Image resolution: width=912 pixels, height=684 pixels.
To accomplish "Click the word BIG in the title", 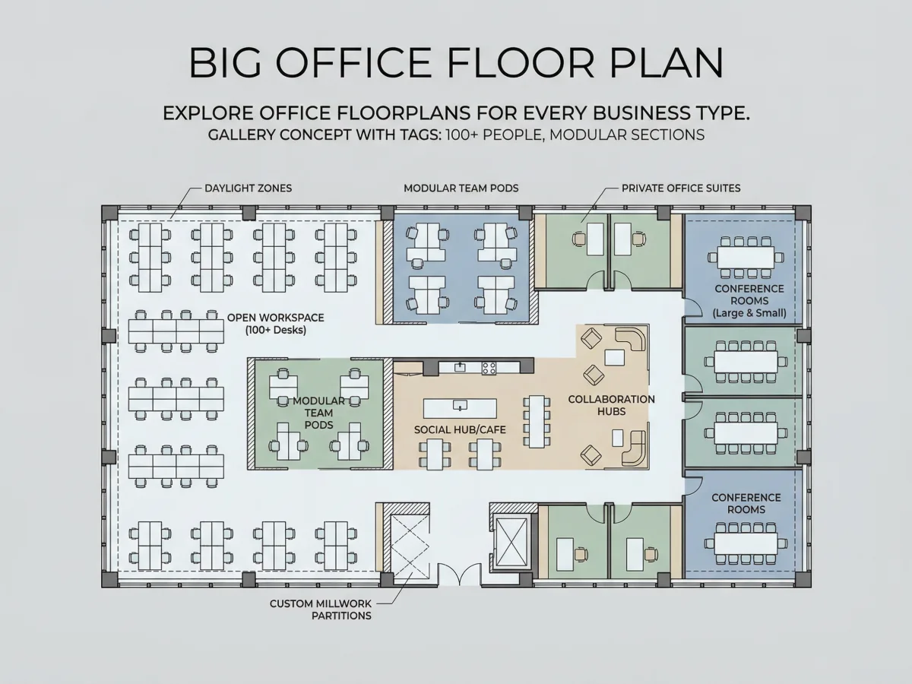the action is [225, 63].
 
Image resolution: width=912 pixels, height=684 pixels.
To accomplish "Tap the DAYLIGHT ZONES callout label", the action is [248, 188].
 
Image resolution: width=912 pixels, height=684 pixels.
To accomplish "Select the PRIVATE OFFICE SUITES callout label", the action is [681, 188].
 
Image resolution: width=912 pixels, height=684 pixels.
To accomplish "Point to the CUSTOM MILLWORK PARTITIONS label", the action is [321, 610].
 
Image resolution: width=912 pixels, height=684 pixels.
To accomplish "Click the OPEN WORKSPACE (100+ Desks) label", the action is [275, 324].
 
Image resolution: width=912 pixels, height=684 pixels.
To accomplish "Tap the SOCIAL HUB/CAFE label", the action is [460, 430].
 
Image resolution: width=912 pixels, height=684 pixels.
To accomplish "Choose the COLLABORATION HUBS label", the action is [611, 405].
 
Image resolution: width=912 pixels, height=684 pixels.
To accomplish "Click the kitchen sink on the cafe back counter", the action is [460, 367].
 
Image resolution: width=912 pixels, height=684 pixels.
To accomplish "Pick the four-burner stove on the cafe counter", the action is [489, 368].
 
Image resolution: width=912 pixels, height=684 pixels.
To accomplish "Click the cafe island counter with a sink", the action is [460, 408].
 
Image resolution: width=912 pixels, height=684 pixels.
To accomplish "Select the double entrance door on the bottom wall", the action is [460, 575].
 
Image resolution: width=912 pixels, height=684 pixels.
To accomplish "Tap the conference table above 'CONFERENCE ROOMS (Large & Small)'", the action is [746, 258].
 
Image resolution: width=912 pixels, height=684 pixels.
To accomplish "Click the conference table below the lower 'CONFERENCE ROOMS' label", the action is [746, 543].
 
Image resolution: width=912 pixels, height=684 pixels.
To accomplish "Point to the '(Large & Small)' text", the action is [749, 313].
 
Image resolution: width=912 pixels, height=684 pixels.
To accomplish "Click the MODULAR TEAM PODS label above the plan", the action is [461, 188].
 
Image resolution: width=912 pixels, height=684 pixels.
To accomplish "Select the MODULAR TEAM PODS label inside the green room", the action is [318, 413].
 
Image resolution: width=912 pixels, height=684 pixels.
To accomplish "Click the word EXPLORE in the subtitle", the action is [208, 113].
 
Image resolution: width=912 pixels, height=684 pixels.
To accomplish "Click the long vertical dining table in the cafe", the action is [537, 422].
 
